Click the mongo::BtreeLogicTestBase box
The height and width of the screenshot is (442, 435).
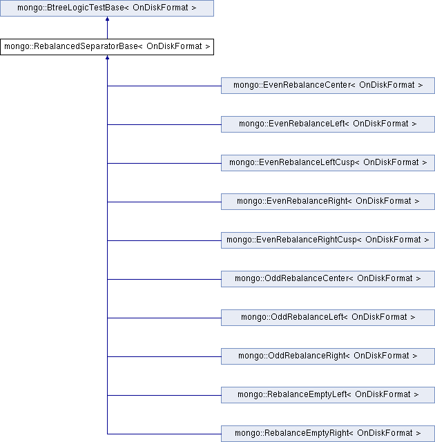point(107,8)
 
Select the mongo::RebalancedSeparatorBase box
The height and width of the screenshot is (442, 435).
point(107,47)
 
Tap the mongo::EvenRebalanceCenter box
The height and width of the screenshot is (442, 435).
point(328,86)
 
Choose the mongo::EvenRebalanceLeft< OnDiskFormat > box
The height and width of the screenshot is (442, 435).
point(328,124)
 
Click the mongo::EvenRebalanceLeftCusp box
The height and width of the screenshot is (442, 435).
point(328,163)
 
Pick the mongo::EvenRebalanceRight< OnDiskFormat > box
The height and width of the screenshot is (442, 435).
point(328,202)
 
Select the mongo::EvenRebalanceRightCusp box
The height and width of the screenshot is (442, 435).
point(328,240)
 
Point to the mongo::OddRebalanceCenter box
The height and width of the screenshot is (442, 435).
point(328,279)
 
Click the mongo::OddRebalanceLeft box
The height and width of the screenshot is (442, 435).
point(328,318)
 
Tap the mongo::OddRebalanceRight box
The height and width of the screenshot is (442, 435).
point(328,356)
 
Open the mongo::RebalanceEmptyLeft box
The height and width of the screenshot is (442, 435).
point(328,394)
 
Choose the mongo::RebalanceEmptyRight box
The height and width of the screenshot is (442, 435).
point(328,434)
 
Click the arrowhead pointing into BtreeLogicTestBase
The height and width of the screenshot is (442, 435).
point(107,19)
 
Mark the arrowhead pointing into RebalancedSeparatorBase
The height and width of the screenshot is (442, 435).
point(107,57)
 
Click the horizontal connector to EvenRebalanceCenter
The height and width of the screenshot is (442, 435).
point(164,86)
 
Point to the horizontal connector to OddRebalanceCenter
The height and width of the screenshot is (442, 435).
point(164,279)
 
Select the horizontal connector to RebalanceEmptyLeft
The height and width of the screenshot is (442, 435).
point(164,395)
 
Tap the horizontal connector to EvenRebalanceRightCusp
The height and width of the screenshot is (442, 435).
point(164,241)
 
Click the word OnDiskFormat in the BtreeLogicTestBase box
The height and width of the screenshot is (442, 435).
point(160,8)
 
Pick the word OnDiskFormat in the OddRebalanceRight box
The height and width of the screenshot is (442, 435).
point(381,356)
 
